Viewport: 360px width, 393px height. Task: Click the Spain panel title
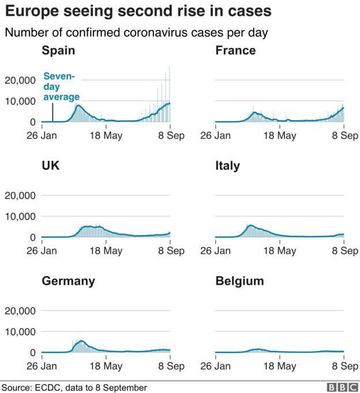pos(58,51)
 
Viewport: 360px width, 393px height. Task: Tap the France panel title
pos(235,51)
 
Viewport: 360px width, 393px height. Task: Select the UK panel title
pos(50,166)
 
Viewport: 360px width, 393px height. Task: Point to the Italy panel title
pos(227,166)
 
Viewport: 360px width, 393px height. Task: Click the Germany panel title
pos(68,281)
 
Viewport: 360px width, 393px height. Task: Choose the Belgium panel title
pos(239,281)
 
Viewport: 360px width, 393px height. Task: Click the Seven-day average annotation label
pos(62,86)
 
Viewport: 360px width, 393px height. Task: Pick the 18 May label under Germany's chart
pos(106,366)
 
